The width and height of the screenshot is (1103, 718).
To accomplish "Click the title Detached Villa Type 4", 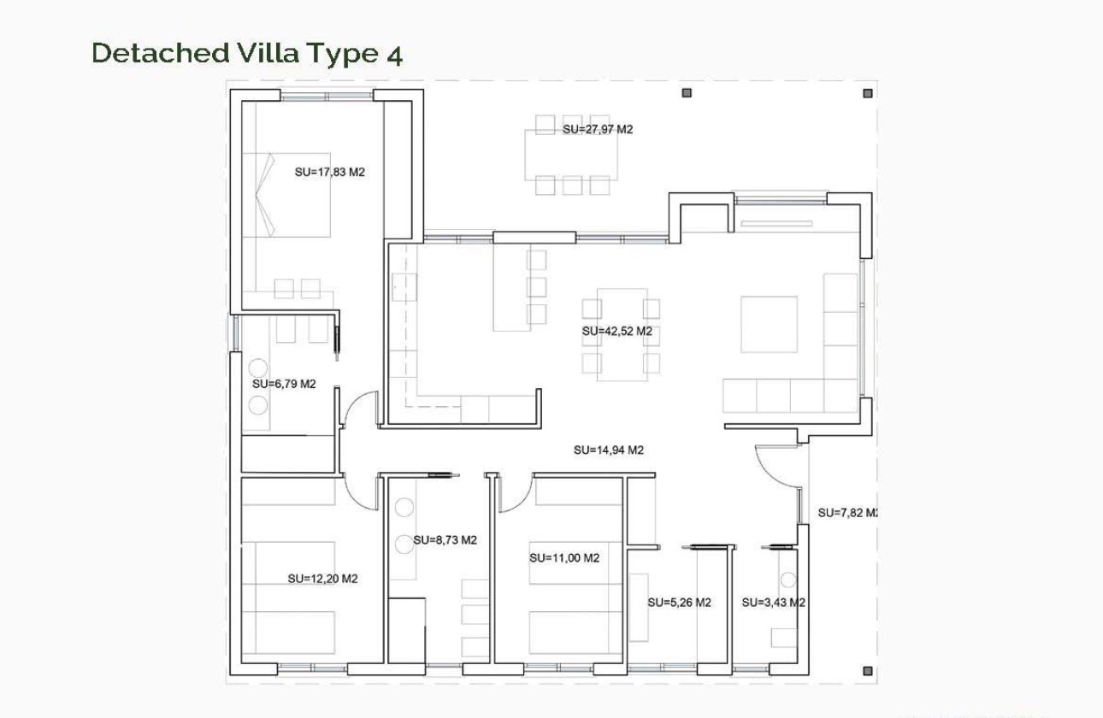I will (x=246, y=53).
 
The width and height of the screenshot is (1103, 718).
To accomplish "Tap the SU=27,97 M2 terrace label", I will (x=598, y=130).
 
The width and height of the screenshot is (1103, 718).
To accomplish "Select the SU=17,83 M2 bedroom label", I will (x=329, y=172).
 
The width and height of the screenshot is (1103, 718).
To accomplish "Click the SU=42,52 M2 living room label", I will (x=617, y=331).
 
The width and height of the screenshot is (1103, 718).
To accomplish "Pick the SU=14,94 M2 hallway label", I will (x=608, y=450).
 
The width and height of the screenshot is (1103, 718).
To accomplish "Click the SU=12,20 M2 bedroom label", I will (x=322, y=579).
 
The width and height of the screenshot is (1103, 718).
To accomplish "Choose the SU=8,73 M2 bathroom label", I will (x=445, y=540).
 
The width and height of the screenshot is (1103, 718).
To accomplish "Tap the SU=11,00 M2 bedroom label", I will (x=564, y=558).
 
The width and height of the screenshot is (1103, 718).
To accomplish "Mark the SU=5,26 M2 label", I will (x=679, y=603).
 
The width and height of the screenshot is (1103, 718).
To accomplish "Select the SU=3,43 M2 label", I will (x=773, y=603).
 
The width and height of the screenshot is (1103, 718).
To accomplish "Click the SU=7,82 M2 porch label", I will (x=847, y=513).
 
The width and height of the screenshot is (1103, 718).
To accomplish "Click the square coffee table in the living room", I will (x=769, y=324).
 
